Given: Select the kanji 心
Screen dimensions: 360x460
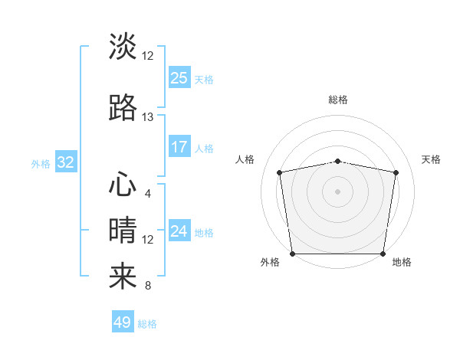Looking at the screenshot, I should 123,185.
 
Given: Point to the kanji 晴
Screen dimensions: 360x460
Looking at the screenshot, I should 123,231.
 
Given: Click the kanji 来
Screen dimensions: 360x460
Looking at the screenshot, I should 123,277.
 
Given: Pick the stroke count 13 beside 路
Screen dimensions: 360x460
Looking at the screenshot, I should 148,117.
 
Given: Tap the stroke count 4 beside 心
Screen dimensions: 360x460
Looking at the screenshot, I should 148,193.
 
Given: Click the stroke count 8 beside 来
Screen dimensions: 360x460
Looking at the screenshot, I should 148,286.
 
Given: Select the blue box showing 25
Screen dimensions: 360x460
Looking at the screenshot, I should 179,78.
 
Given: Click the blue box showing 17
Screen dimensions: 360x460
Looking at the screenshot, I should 179,147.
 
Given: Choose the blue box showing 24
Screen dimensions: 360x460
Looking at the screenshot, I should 179,231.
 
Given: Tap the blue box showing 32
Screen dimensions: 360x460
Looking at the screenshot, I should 65,162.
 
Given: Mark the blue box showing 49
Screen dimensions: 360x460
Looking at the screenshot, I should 123,322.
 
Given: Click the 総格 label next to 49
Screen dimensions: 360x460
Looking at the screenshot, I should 147,324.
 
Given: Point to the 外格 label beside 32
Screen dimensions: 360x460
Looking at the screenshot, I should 41,163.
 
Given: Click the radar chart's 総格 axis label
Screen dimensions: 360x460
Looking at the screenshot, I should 337,100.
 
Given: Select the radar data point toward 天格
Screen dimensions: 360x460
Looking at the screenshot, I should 396,172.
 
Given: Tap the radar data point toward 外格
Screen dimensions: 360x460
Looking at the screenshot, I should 292,254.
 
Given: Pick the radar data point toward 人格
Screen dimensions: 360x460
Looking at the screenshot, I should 280,172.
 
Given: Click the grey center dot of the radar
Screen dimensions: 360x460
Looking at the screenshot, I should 337,191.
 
